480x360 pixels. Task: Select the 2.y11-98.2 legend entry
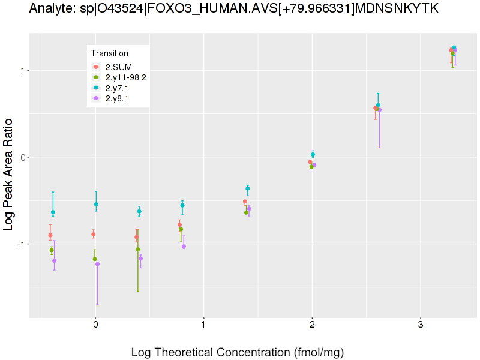125,77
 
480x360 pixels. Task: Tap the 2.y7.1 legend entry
116,88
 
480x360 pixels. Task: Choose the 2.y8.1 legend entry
116,99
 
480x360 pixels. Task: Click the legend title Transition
109,53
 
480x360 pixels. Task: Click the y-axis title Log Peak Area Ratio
10,174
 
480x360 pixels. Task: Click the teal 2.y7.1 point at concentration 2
313,155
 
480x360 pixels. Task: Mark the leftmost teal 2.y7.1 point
53,212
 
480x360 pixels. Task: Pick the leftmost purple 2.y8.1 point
54,261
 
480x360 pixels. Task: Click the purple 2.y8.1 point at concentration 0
98,264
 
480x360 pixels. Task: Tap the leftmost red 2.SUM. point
50,236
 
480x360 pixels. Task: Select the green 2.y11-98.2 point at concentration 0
94,259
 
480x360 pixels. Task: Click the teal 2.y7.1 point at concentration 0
96,205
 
